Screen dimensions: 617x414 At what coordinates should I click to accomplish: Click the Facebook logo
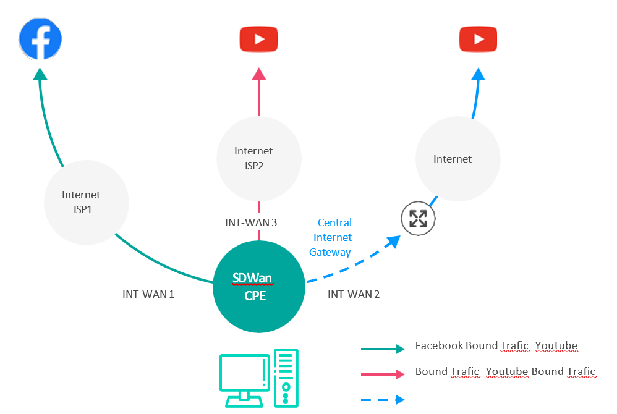(40, 39)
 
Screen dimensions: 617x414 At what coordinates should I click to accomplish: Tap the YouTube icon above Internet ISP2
(259, 39)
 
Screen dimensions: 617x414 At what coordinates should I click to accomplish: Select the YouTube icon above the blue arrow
(478, 39)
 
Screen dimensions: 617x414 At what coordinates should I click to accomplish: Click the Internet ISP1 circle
(87, 203)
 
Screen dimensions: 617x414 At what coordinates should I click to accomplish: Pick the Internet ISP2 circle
(259, 159)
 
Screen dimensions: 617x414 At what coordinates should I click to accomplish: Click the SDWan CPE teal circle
(259, 287)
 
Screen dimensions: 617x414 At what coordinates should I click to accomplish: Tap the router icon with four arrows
(418, 219)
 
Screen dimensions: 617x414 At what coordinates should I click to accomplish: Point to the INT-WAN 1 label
(148, 294)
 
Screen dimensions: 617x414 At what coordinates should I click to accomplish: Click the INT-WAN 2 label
(354, 294)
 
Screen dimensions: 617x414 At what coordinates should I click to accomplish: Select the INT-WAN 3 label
(251, 222)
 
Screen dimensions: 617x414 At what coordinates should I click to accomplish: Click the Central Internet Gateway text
(331, 237)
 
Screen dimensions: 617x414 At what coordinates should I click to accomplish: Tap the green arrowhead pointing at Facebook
(40, 74)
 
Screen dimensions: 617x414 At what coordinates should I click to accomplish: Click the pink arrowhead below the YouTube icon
(259, 74)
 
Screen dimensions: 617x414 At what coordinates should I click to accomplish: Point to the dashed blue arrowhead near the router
(393, 242)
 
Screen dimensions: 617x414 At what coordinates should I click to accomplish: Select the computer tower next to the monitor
(286, 378)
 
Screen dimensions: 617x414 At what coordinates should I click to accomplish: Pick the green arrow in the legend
(383, 349)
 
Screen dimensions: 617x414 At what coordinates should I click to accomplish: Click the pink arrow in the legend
(383, 374)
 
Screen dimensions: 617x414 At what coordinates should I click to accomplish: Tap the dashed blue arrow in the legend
(383, 400)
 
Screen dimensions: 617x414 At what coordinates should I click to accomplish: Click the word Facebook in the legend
(439, 345)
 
